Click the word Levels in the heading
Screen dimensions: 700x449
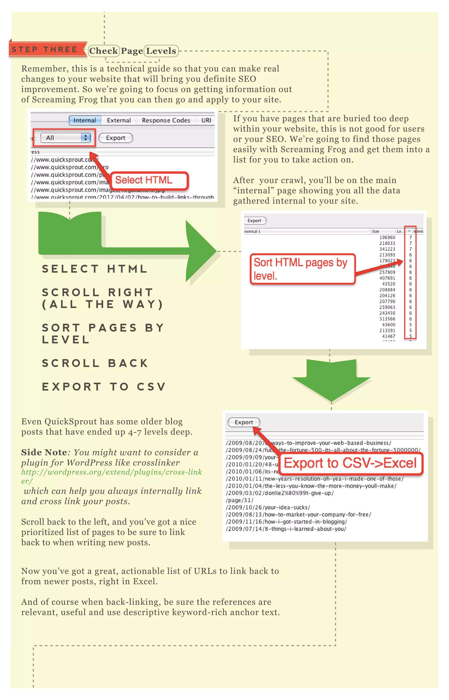coord(161,51)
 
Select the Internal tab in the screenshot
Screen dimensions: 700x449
coord(85,120)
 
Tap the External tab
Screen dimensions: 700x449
coord(119,120)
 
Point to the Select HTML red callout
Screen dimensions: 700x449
coord(150,180)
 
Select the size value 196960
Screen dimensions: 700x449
coord(387,237)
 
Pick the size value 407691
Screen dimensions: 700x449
coord(387,278)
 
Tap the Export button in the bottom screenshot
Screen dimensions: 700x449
coord(244,422)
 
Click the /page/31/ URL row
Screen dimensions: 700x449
coord(240,500)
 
